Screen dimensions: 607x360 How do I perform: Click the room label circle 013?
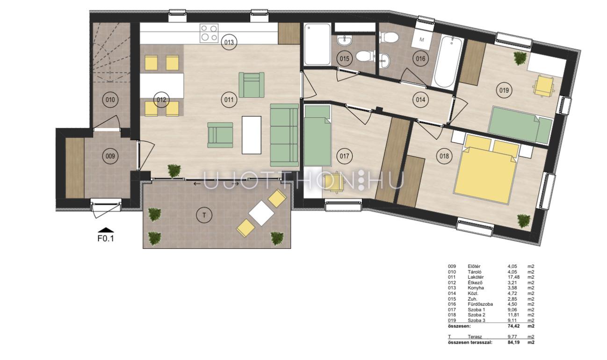point(229,42)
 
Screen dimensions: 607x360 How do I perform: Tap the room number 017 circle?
point(344,156)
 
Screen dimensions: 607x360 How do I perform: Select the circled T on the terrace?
point(204,216)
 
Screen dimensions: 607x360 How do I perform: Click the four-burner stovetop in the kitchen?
point(209,33)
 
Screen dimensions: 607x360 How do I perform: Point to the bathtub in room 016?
point(447,62)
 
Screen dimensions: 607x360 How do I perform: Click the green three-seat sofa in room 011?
point(284,135)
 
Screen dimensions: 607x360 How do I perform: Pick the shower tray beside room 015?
point(317,44)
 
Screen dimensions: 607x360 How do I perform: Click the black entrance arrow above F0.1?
point(106,230)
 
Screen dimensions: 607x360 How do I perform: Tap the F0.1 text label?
point(106,238)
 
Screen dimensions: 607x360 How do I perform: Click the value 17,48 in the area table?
point(513,277)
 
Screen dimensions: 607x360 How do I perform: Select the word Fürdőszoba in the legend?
point(480,304)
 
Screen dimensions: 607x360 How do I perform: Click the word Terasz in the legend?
point(475,337)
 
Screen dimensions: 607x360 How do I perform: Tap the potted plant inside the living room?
point(174,171)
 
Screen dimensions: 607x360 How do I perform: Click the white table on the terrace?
point(261,213)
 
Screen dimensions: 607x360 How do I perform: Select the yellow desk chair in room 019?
point(544,86)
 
